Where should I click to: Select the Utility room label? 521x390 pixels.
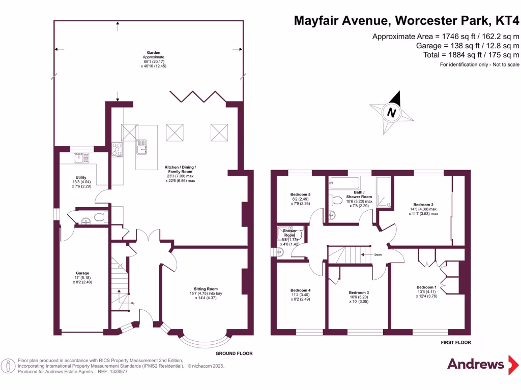coord(67,177)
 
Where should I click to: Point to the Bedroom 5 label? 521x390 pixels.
coord(300,194)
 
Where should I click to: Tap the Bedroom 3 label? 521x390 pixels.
coord(359,292)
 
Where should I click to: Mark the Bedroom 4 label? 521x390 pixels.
coord(300,290)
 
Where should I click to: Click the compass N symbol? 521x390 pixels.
coord(391,113)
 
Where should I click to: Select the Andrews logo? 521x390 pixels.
coord(475,364)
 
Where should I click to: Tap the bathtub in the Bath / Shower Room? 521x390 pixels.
coord(344,183)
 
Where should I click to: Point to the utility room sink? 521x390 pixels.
coord(80,158)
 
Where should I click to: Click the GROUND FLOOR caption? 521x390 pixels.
coord(234,353)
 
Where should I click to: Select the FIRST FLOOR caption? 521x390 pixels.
coord(455,343)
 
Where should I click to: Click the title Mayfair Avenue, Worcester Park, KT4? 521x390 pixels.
coord(407,21)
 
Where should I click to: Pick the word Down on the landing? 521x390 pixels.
coord(378,255)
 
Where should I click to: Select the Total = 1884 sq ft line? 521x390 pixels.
coord(471,55)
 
